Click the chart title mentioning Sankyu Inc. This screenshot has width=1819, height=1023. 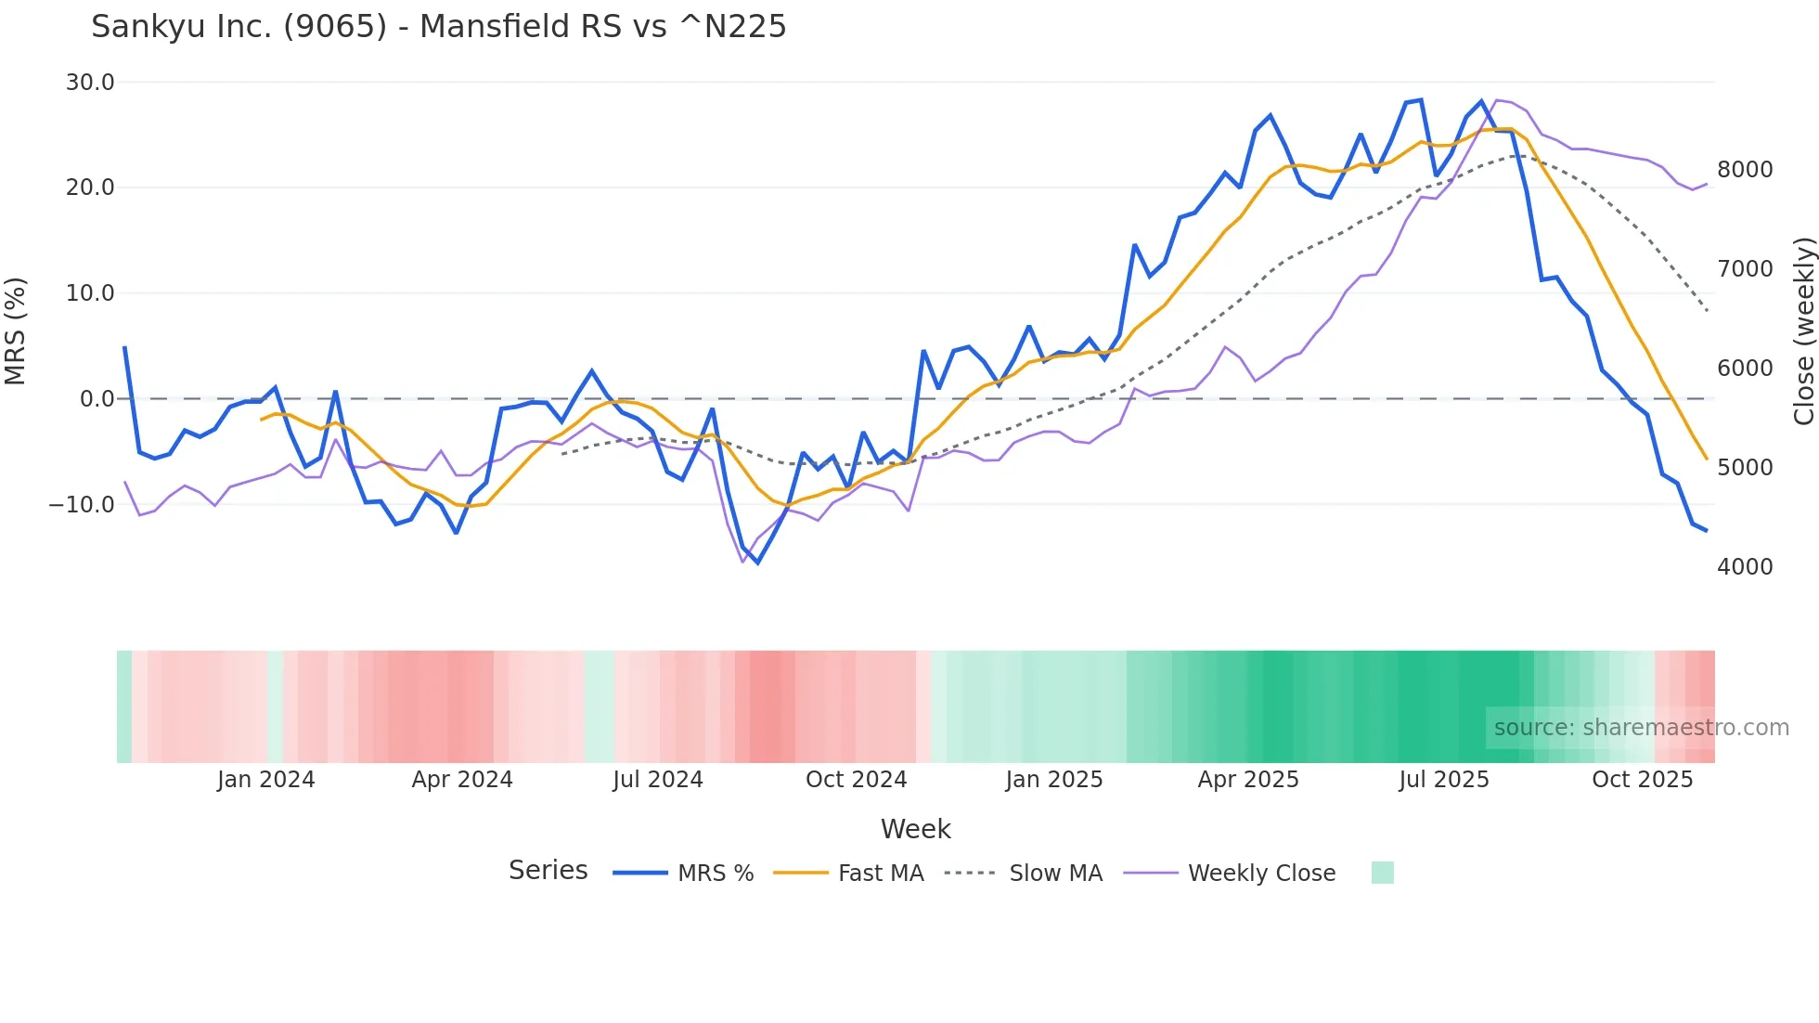pyautogui.click(x=438, y=27)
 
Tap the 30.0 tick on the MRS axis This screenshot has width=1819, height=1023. pyautogui.click(x=90, y=83)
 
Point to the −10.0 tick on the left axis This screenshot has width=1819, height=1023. pyautogui.click(x=82, y=505)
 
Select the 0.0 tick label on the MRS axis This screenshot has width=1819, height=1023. pyautogui.click(x=97, y=399)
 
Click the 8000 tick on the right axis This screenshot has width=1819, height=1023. pyautogui.click(x=1745, y=170)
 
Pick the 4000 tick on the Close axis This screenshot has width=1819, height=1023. pyautogui.click(x=1745, y=567)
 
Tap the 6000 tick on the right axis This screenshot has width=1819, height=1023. pyautogui.click(x=1745, y=369)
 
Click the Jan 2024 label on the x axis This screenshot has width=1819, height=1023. pyautogui.click(x=266, y=780)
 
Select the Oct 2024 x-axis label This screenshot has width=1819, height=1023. pyautogui.click(x=856, y=780)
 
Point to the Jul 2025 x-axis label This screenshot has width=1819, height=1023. pyautogui.click(x=1444, y=780)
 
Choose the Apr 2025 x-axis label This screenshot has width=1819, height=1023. pyautogui.click(x=1248, y=780)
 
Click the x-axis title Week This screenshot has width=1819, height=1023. pyautogui.click(x=915, y=829)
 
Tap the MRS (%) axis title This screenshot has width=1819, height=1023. pyautogui.click(x=16, y=331)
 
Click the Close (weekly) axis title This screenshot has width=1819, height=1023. pyautogui.click(x=1803, y=331)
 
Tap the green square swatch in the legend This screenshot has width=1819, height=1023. pyautogui.click(x=1382, y=873)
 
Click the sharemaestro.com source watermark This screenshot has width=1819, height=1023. pyautogui.click(x=1641, y=728)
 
